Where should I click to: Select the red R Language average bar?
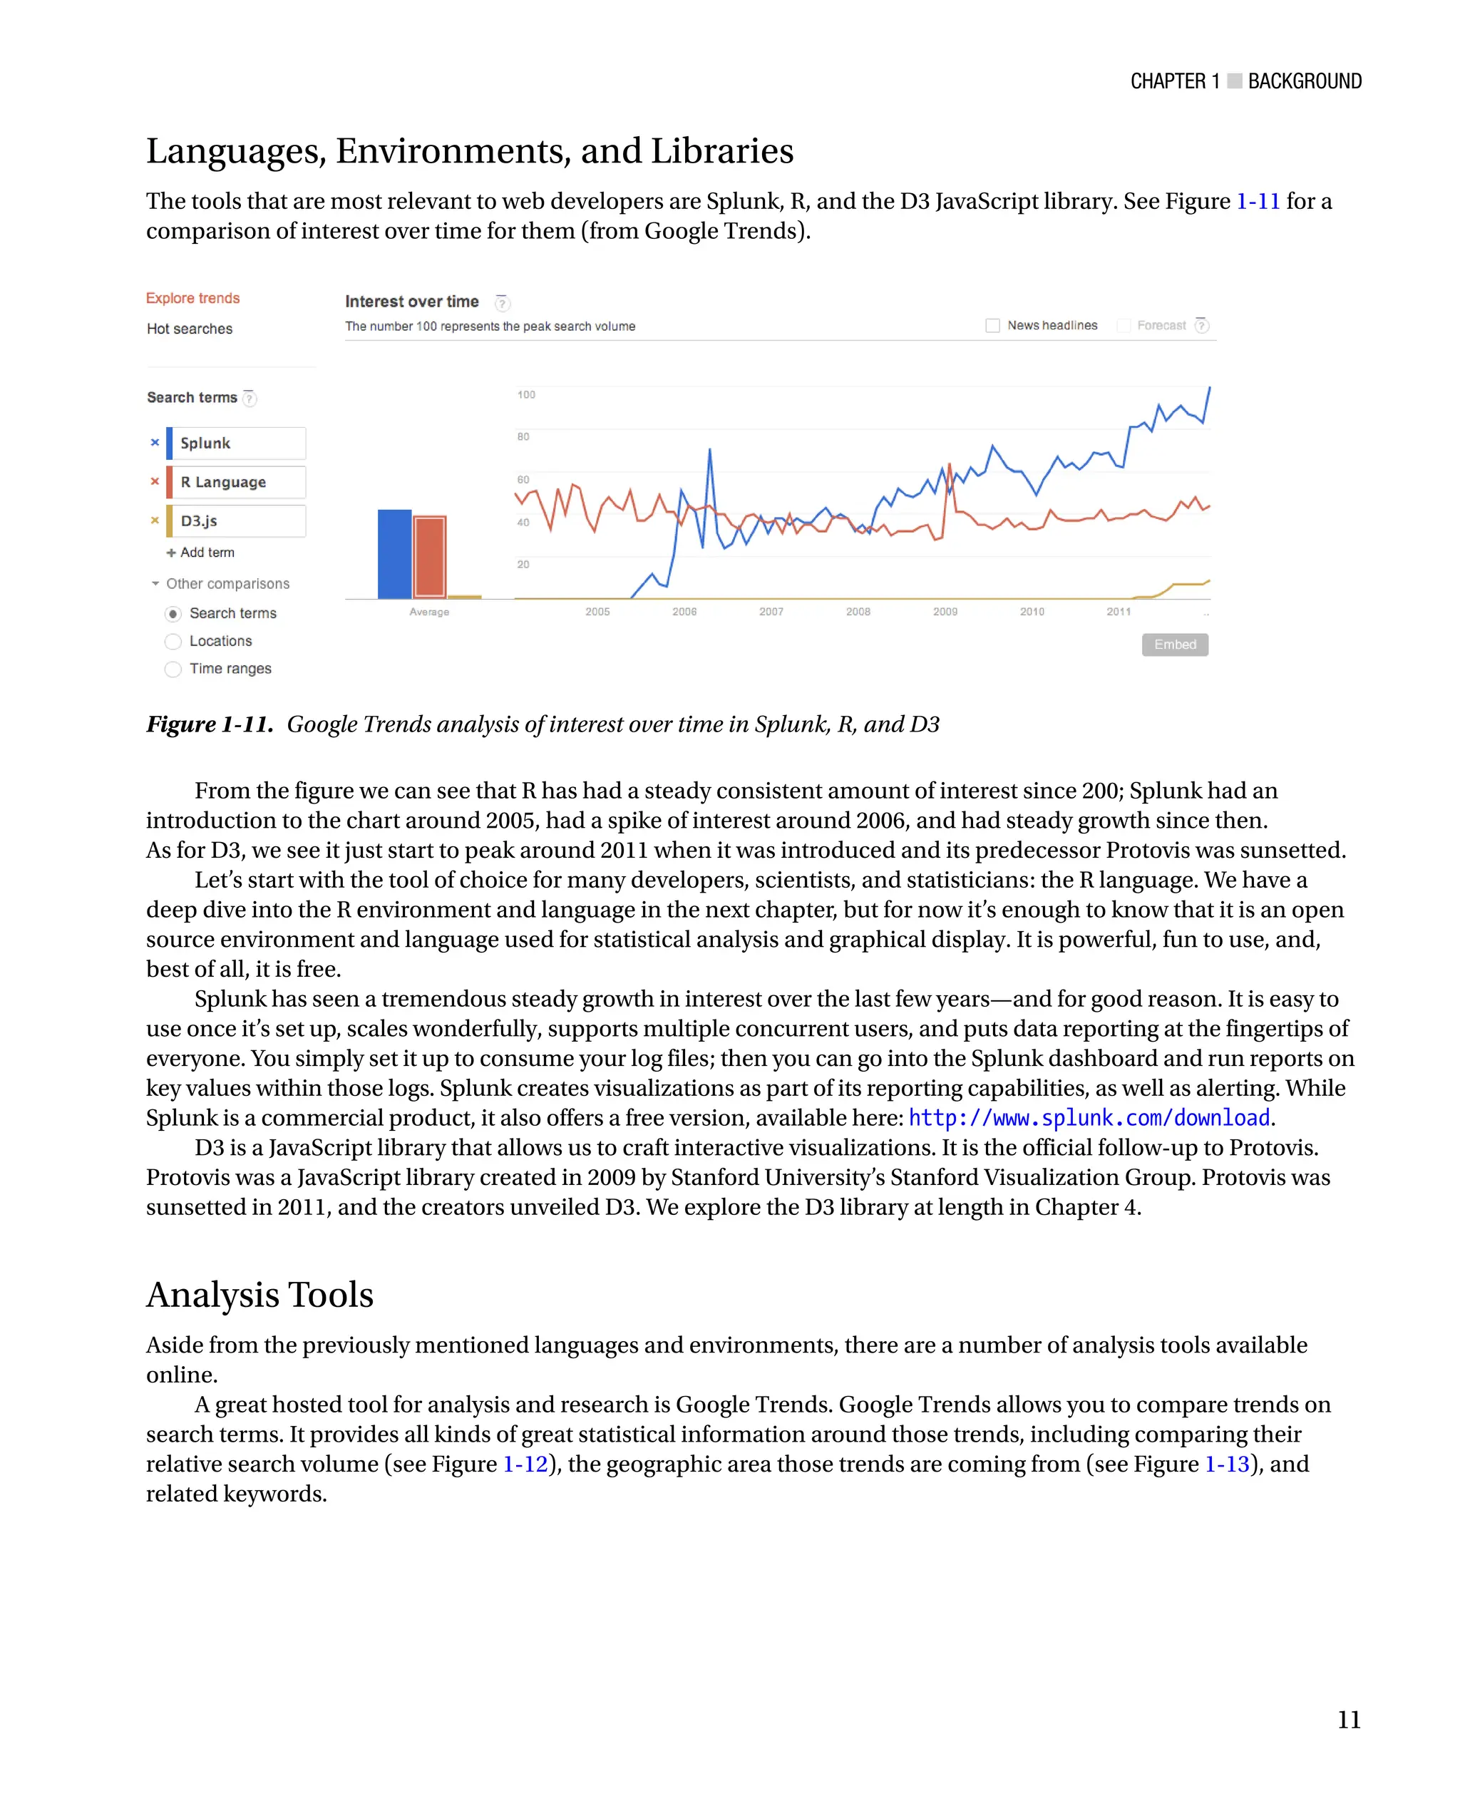pyautogui.click(x=430, y=557)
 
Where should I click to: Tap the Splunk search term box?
pyautogui.click(x=237, y=443)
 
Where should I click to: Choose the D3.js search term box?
pyautogui.click(x=237, y=520)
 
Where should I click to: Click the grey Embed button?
pyautogui.click(x=1174, y=645)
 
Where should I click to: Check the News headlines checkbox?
pyautogui.click(x=992, y=326)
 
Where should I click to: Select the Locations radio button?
pyautogui.click(x=173, y=642)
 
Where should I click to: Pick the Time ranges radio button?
pyautogui.click(x=173, y=669)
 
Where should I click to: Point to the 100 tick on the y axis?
pyautogui.click(x=527, y=394)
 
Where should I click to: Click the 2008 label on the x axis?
pyautogui.click(x=858, y=612)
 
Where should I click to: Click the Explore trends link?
pyautogui.click(x=192, y=299)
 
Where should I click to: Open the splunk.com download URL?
pyautogui.click(x=1089, y=1118)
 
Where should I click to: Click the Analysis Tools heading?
pyautogui.click(x=260, y=1295)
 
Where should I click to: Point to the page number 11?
pyautogui.click(x=1348, y=1720)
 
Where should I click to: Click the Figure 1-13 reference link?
pyautogui.click(x=1226, y=1464)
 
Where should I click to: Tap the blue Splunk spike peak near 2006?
pyautogui.click(x=710, y=451)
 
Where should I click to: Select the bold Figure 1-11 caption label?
pyautogui.click(x=210, y=724)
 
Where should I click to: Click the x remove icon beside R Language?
pyautogui.click(x=155, y=482)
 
